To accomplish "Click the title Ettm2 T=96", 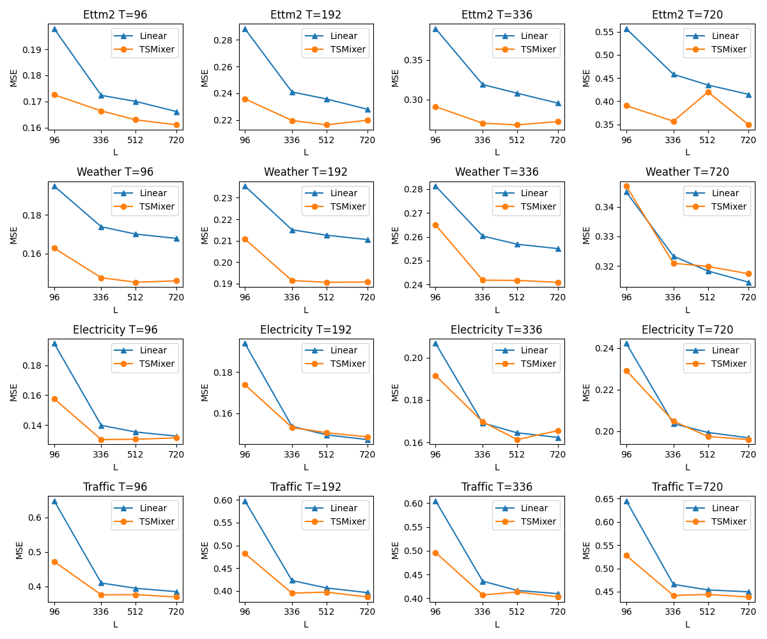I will pyautogui.click(x=115, y=15).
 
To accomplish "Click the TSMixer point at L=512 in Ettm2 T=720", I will pyautogui.click(x=708, y=92).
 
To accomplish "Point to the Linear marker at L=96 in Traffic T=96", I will pyautogui.click(x=54, y=501).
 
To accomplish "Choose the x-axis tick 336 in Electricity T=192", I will pyautogui.click(x=291, y=454).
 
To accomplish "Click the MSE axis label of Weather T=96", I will pyautogui.click(x=14, y=235).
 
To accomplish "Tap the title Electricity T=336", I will pyautogui.click(x=496, y=330).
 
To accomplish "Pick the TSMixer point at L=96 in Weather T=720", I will pyautogui.click(x=626, y=186).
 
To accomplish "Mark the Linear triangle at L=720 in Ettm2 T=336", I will pyautogui.click(x=557, y=104).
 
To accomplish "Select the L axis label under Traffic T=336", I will pyautogui.click(x=497, y=624).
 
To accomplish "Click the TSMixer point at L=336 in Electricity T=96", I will pyautogui.click(x=101, y=440).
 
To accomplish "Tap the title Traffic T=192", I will pyautogui.click(x=306, y=487).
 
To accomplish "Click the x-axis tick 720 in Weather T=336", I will pyautogui.click(x=557, y=297).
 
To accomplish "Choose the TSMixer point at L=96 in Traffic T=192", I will pyautogui.click(x=245, y=553).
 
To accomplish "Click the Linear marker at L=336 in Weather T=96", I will pyautogui.click(x=101, y=227).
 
